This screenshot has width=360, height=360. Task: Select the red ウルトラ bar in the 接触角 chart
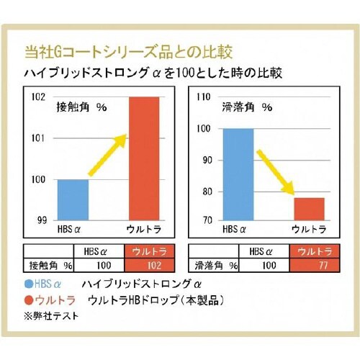(143, 158)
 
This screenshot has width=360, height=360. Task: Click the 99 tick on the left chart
(42, 220)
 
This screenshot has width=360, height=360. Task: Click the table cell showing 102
(144, 265)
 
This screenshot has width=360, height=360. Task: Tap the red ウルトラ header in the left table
(144, 251)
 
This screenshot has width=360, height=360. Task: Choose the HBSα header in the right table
(260, 251)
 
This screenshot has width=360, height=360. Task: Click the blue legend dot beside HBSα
(30, 284)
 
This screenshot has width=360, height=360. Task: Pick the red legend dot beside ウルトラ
(30, 299)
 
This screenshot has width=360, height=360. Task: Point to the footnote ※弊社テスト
(52, 315)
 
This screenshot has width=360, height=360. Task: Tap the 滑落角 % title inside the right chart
(247, 107)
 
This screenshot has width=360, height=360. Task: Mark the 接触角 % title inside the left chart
(81, 107)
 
